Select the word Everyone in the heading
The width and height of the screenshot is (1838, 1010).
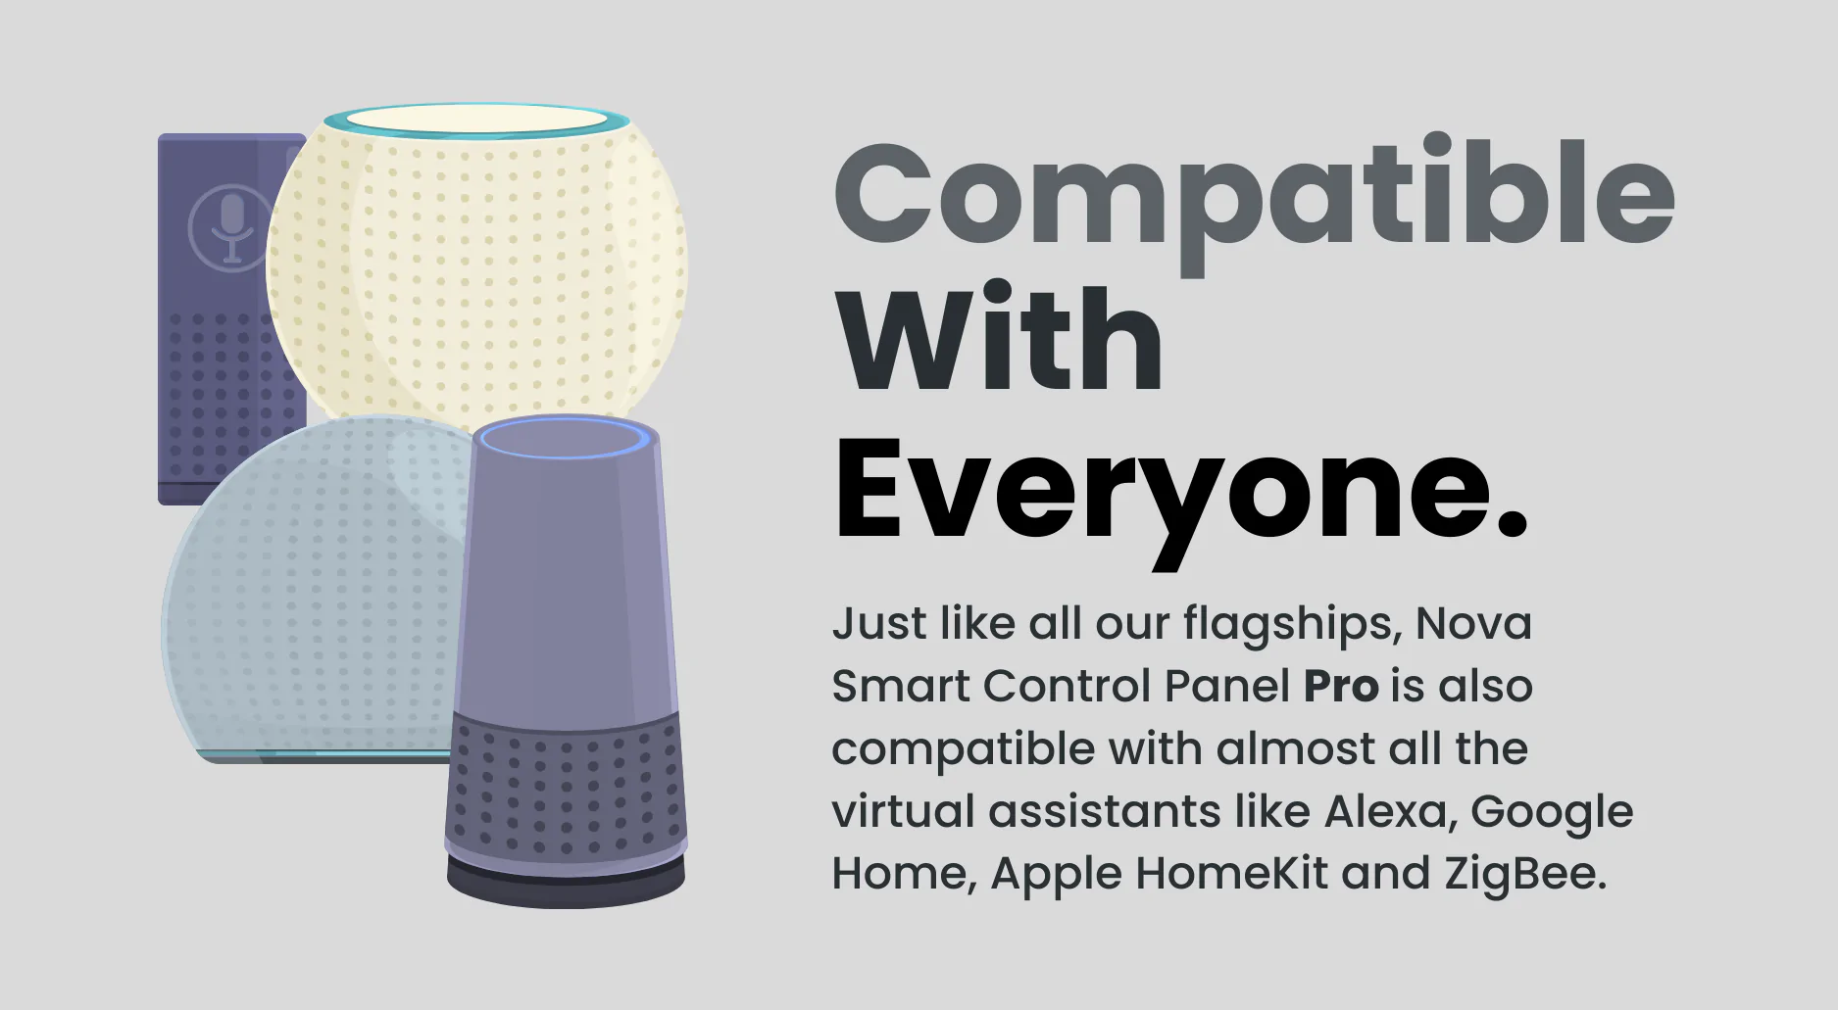tap(1166, 496)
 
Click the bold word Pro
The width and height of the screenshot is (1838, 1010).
tap(1340, 686)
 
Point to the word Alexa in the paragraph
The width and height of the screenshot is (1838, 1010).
tap(1384, 811)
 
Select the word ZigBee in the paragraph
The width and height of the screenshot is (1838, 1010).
tap(1520, 875)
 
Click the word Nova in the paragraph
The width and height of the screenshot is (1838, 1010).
tap(1473, 623)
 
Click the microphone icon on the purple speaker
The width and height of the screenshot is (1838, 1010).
tap(232, 227)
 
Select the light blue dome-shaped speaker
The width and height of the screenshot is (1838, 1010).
tap(314, 588)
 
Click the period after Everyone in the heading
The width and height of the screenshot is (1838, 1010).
tap(1514, 526)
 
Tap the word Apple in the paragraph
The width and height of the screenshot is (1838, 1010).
tap(1056, 875)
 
